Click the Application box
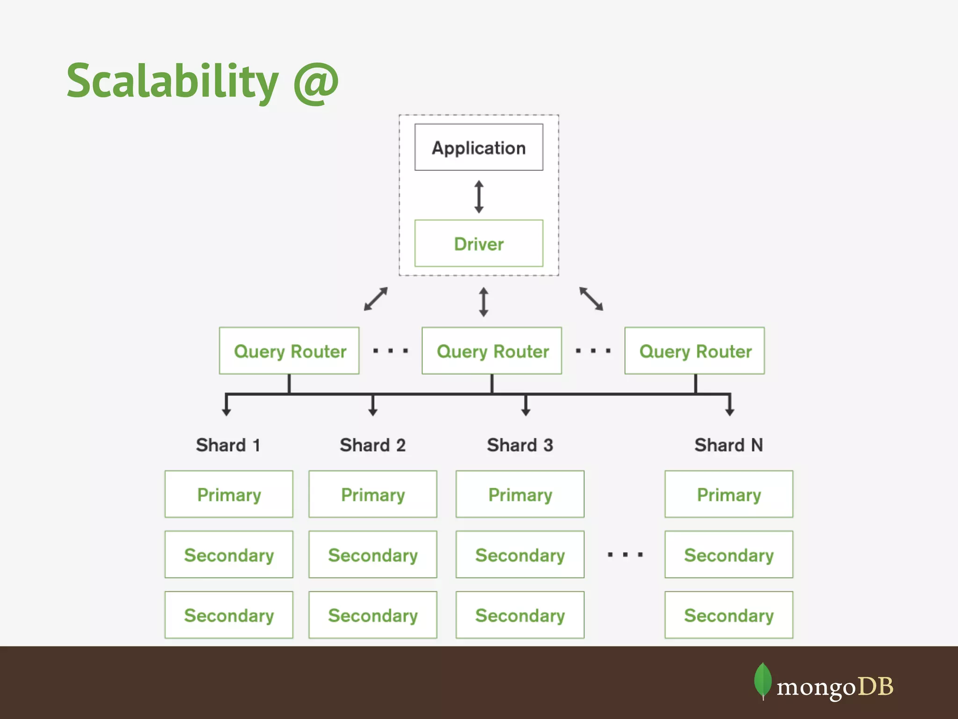[479, 147]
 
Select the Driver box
[479, 243]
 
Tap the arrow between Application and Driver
[479, 197]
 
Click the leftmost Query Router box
[289, 351]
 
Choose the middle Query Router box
[492, 351]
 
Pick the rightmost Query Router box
[695, 351]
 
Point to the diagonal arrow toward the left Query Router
[376, 299]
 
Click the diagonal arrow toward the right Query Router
[591, 299]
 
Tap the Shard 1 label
[228, 445]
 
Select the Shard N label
[728, 445]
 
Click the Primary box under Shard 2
[373, 494]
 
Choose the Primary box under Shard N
[729, 494]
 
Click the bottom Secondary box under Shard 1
[229, 615]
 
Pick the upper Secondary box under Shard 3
[520, 555]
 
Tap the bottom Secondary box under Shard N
[729, 615]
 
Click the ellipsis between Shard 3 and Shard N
[625, 555]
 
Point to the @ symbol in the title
[316, 82]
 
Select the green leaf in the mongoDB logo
[762, 680]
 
